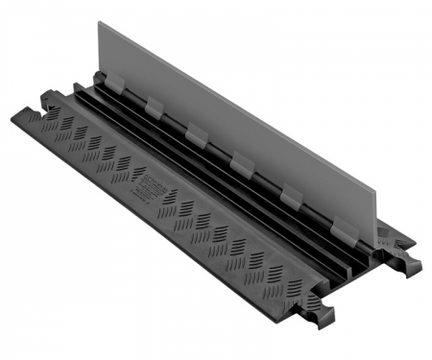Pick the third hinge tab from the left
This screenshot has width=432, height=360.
[x=197, y=133]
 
